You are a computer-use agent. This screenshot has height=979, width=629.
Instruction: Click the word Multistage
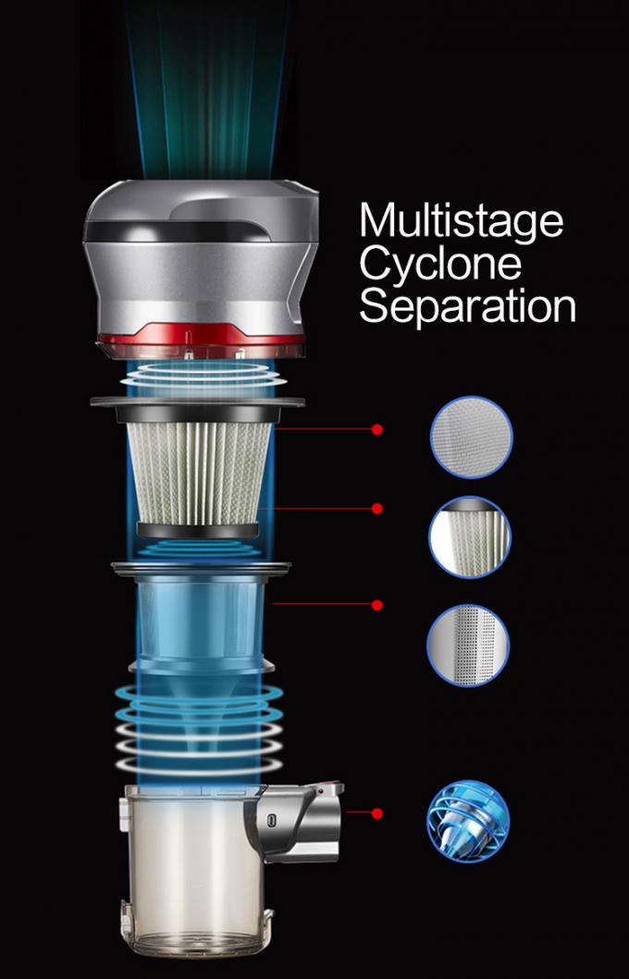pyautogui.click(x=462, y=220)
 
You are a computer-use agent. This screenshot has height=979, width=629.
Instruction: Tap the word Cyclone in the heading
pyautogui.click(x=440, y=264)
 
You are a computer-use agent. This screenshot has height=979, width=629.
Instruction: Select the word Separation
pyautogui.click(x=467, y=307)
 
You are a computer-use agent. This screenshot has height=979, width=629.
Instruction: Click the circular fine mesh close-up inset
pyautogui.click(x=471, y=437)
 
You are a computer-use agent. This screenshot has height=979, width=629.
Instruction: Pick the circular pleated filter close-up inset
pyautogui.click(x=470, y=537)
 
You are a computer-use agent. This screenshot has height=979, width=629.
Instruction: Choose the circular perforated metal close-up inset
pyautogui.click(x=468, y=645)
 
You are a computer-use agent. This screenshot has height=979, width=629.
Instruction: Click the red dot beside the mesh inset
pyautogui.click(x=376, y=429)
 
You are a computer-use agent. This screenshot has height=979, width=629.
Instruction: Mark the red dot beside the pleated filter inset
pyautogui.click(x=376, y=509)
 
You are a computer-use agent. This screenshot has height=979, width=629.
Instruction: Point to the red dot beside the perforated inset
pyautogui.click(x=376, y=604)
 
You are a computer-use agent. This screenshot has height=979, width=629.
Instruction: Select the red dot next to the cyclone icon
pyautogui.click(x=376, y=813)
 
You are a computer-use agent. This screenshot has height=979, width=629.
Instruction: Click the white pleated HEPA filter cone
pyautogui.click(x=199, y=473)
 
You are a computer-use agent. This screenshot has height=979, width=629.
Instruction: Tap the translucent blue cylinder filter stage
pyautogui.click(x=200, y=618)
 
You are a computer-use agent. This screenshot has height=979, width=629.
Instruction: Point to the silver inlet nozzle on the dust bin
pyautogui.click(x=301, y=823)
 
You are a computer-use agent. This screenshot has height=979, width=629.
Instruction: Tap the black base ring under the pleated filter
pyautogui.click(x=198, y=530)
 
